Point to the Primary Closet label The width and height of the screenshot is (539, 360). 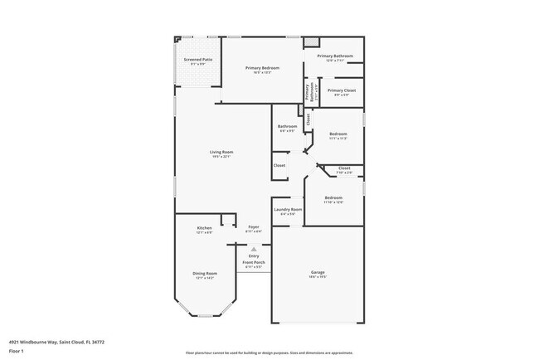(341, 90)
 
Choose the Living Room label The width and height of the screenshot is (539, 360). (221, 152)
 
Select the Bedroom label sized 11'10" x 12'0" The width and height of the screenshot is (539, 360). (333, 198)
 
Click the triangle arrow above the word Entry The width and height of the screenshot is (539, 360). (254, 248)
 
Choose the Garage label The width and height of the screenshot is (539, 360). (318, 274)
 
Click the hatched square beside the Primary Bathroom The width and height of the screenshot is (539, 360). (310, 41)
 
